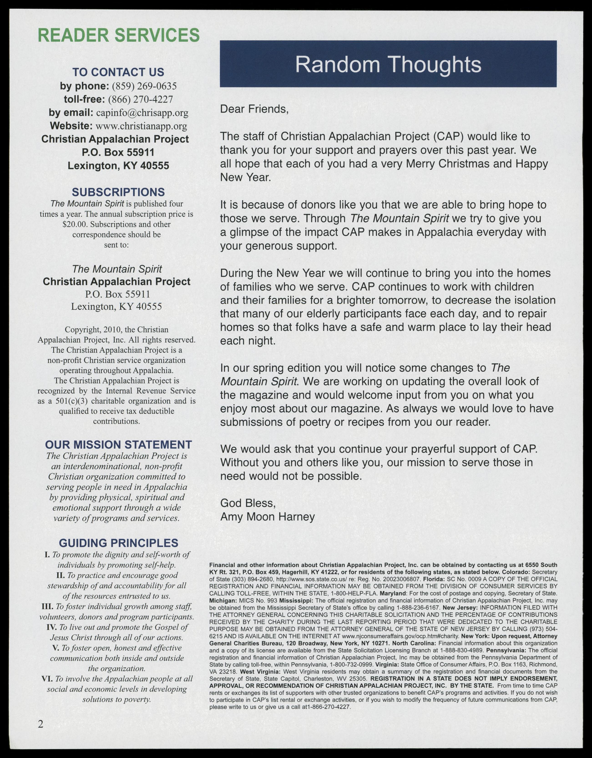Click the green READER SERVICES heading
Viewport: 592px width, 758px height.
pyautogui.click(x=118, y=35)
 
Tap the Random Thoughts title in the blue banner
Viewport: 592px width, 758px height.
pyautogui.click(x=388, y=64)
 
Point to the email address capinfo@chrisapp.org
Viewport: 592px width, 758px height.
pyautogui.click(x=142, y=113)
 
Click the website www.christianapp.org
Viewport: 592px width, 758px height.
pyautogui.click(x=141, y=126)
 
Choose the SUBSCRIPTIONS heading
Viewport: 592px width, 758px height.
pyautogui.click(x=118, y=192)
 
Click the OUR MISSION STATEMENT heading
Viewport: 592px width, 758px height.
pyautogui.click(x=118, y=445)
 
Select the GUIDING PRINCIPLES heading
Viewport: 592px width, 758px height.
pyautogui.click(x=118, y=543)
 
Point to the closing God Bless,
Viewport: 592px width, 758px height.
pyautogui.click(x=248, y=503)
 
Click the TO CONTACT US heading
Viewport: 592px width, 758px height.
pyautogui.click(x=118, y=72)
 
